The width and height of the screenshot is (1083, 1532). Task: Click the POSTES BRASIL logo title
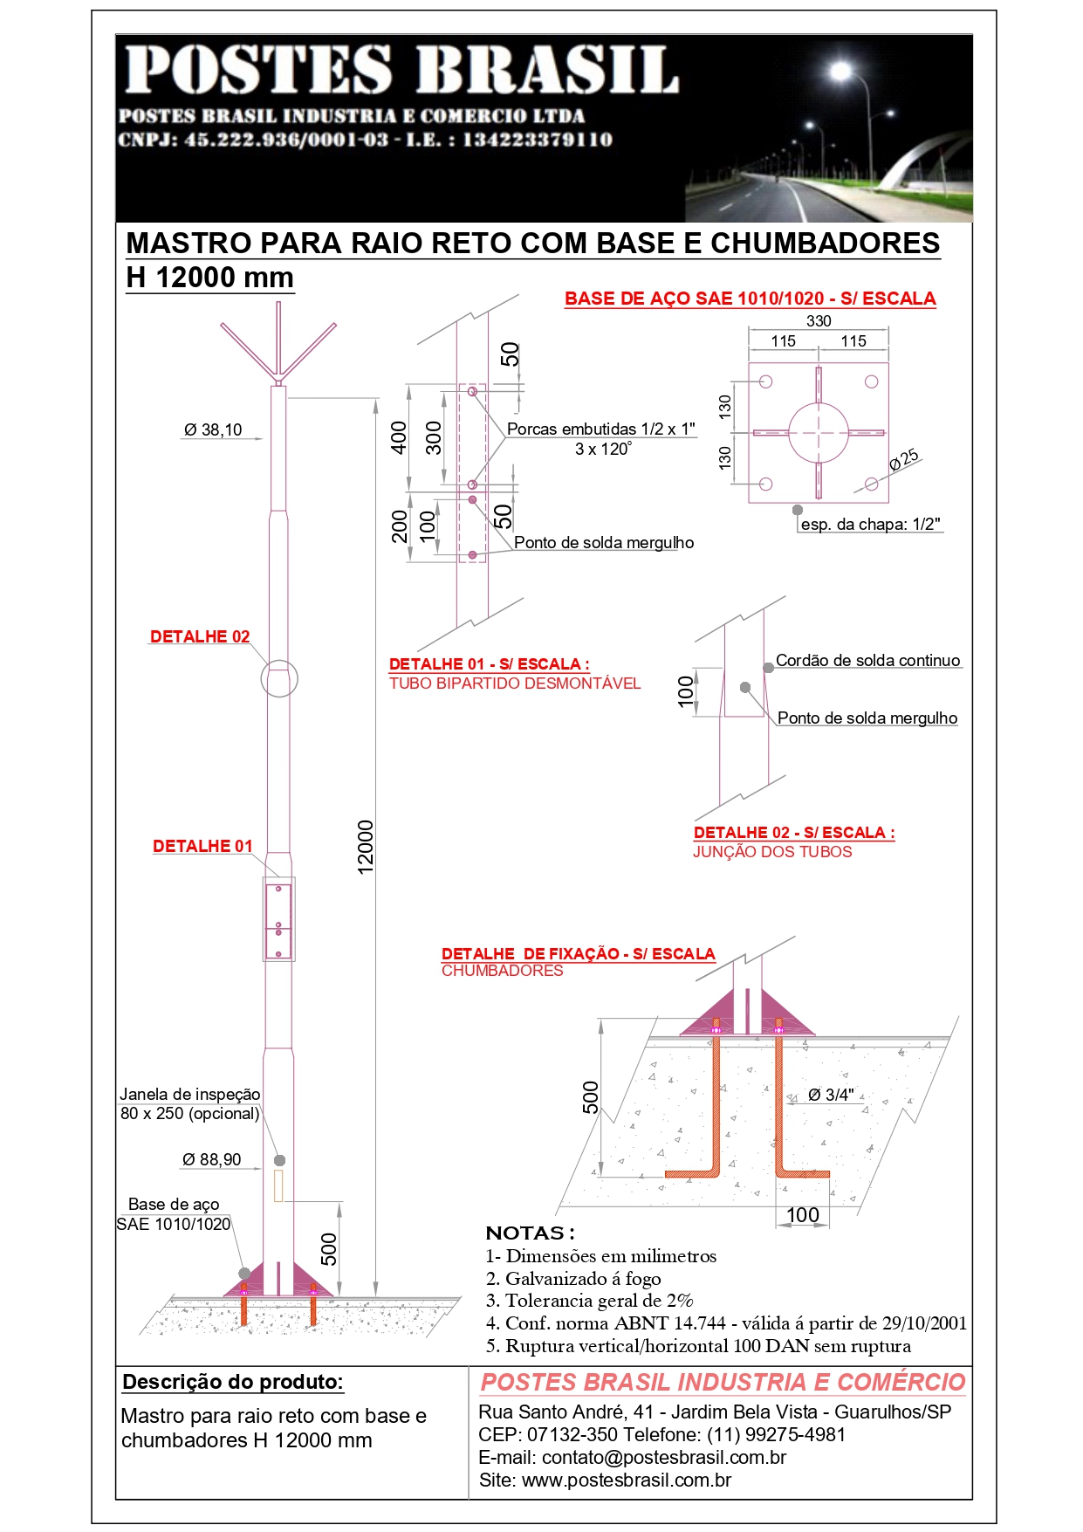(x=401, y=70)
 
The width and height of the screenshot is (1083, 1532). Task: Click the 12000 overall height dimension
(x=366, y=846)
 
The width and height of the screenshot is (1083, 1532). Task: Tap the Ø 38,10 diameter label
(x=213, y=429)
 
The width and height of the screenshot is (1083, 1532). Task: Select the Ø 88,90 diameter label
(x=211, y=1159)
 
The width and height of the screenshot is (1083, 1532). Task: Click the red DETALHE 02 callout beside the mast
(x=200, y=636)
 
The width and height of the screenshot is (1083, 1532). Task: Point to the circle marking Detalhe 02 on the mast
(x=279, y=678)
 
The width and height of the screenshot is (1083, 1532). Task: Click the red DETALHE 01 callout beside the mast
(x=202, y=846)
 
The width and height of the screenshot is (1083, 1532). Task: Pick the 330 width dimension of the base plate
(x=819, y=321)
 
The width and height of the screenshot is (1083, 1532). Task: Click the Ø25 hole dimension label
(x=904, y=459)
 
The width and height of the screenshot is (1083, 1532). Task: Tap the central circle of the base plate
(x=819, y=432)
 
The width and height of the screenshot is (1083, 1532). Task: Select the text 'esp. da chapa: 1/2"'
(x=870, y=524)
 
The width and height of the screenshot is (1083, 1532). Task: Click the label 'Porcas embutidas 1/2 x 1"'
(x=601, y=429)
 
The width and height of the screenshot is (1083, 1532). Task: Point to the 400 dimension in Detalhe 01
(x=399, y=437)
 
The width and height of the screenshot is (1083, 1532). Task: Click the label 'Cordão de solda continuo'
(x=867, y=661)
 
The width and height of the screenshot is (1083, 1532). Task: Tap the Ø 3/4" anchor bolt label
(x=831, y=1095)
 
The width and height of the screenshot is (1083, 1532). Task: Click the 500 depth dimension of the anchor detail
(x=591, y=1097)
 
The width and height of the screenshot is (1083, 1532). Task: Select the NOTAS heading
(x=530, y=1233)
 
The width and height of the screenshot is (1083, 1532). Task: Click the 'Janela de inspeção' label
(x=190, y=1094)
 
